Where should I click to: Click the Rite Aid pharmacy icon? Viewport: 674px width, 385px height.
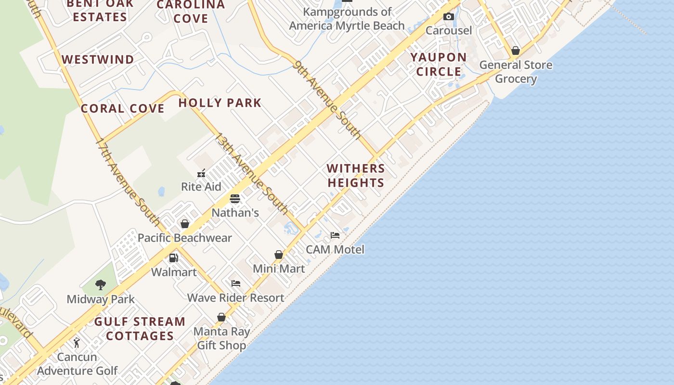click(201, 173)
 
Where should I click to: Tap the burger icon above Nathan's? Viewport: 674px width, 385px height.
click(235, 199)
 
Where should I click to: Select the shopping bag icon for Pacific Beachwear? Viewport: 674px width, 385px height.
click(184, 224)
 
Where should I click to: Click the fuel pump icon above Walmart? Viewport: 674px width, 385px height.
click(174, 258)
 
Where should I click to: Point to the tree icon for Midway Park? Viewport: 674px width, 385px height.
click(100, 285)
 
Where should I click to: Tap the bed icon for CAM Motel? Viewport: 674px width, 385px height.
click(335, 235)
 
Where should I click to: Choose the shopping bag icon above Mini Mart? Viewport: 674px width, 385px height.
click(279, 255)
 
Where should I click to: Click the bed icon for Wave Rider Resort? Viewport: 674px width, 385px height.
click(236, 283)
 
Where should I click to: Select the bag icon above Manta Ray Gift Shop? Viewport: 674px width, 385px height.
click(221, 317)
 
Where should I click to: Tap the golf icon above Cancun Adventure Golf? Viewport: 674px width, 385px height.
click(77, 343)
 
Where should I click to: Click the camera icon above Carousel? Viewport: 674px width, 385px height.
click(449, 17)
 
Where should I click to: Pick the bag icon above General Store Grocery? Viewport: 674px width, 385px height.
click(516, 51)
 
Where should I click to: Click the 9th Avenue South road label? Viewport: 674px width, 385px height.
click(327, 100)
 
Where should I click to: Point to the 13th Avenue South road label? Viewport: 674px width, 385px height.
click(251, 174)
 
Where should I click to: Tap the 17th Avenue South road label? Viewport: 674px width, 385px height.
click(128, 183)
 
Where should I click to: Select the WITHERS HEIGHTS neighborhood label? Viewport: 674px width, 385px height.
click(356, 176)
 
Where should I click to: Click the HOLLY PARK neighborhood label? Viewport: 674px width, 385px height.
click(220, 103)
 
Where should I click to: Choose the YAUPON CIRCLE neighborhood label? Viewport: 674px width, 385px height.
click(439, 64)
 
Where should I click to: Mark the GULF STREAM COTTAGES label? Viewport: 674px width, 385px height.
click(140, 329)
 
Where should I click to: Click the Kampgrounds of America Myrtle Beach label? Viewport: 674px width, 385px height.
click(347, 19)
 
